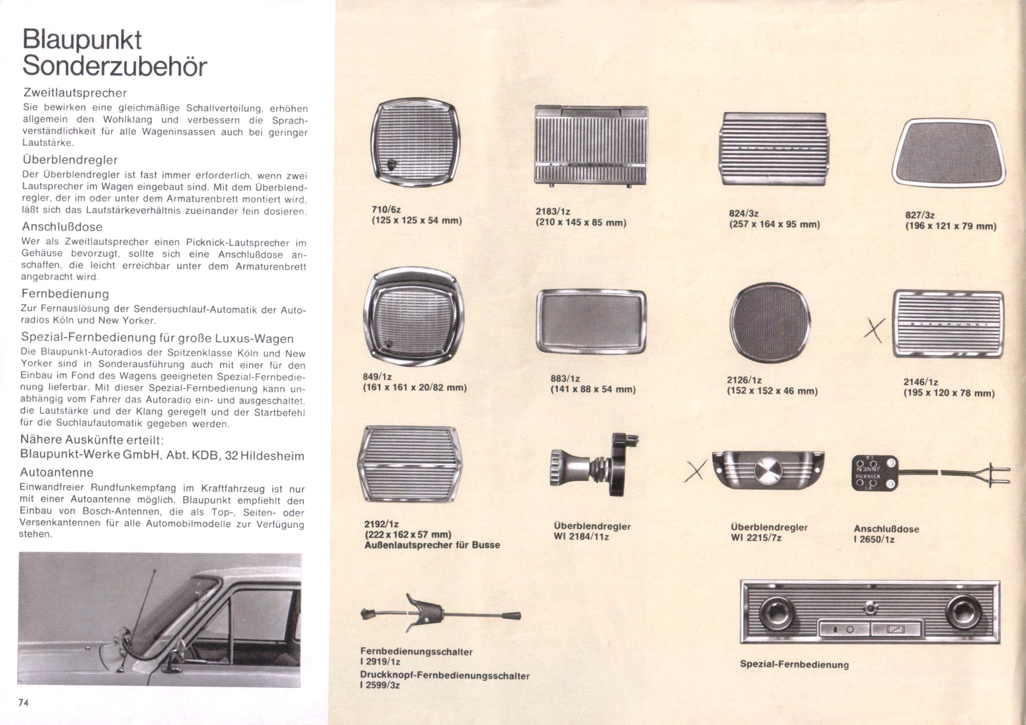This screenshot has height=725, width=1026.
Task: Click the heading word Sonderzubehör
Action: tap(115, 66)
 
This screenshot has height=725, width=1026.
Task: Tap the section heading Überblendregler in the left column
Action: tap(70, 159)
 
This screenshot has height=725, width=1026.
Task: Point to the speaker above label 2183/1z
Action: tap(591, 146)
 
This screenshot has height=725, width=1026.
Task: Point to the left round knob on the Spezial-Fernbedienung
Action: tap(778, 614)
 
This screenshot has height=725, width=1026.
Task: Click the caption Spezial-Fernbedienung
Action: tap(794, 664)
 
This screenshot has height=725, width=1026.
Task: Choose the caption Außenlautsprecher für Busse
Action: tap(432, 545)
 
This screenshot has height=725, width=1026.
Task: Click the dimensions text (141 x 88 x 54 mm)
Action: tap(593, 389)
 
